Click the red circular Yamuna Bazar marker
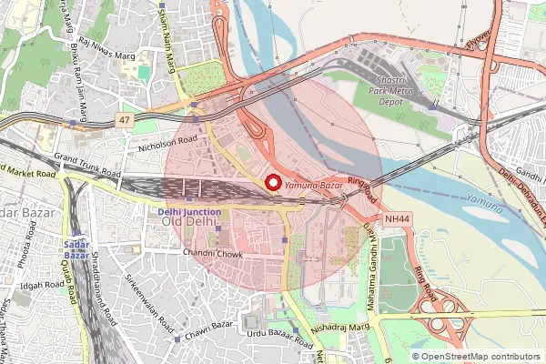tap(273, 182)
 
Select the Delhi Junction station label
tap(183, 211)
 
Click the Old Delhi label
tap(189, 223)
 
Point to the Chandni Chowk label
tap(213, 254)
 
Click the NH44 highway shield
tap(398, 218)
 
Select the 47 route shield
tap(125, 119)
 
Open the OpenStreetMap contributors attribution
tap(481, 357)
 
